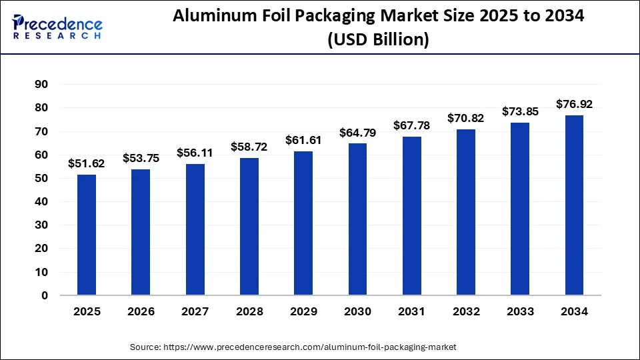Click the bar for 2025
coord(87,235)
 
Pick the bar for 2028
coord(249,226)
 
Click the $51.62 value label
coord(86,163)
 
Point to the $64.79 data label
coord(357,133)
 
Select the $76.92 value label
coord(574,104)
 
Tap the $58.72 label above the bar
coord(249,147)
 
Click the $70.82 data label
coord(465,119)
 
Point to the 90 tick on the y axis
coord(41,84)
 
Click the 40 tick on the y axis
coord(41,201)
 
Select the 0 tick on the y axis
coord(45,295)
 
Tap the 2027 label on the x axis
coord(195,311)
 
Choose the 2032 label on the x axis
coord(465,311)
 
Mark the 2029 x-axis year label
coord(303,311)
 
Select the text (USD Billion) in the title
coord(378,39)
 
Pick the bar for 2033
coord(520,209)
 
